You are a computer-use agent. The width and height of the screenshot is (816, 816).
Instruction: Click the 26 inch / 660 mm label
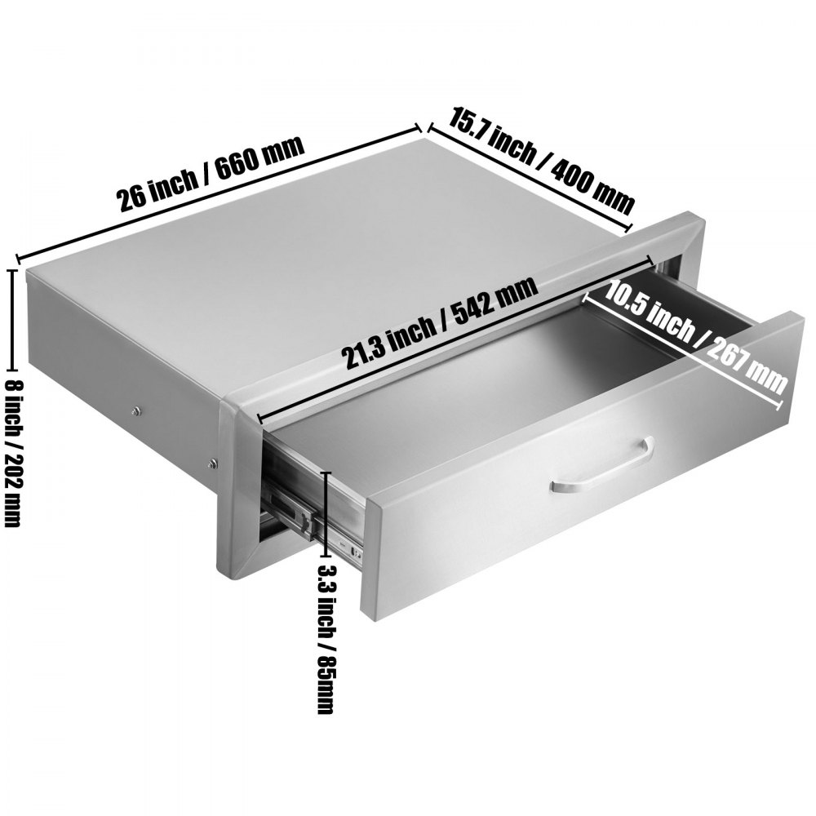211,175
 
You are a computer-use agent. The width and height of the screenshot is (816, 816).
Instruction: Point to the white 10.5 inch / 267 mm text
685,335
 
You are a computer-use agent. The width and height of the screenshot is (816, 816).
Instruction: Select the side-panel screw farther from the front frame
136,410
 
